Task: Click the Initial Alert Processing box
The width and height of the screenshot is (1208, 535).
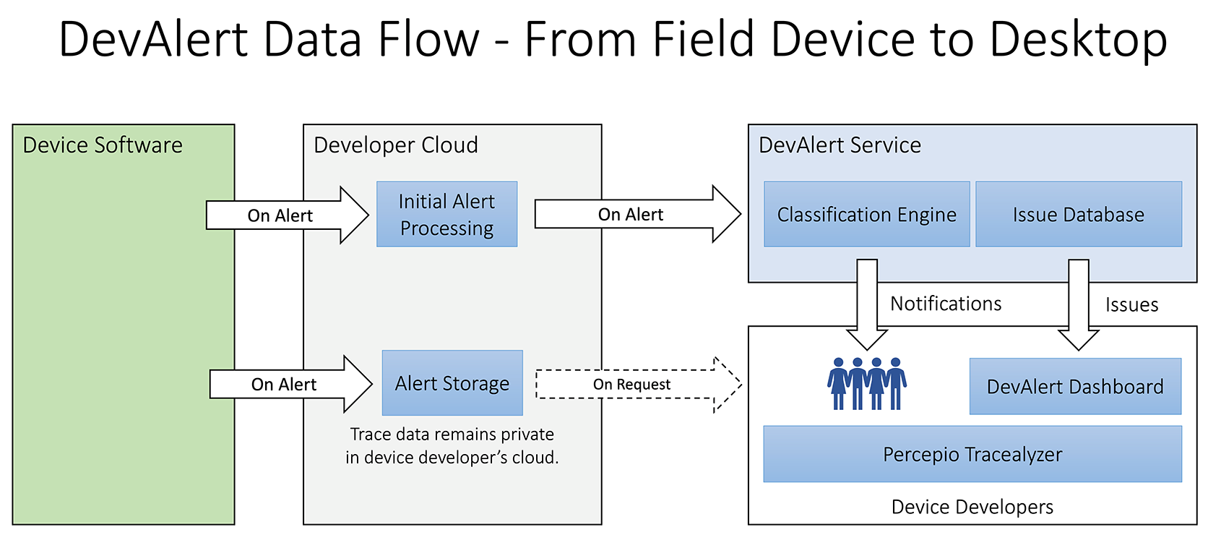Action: pyautogui.click(x=446, y=214)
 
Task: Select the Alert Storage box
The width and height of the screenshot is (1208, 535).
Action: pyautogui.click(x=452, y=383)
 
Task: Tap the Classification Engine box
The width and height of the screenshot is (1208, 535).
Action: pyautogui.click(x=866, y=214)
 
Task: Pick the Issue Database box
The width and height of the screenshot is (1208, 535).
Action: pyautogui.click(x=1078, y=214)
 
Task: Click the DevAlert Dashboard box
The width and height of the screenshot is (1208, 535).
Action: pyautogui.click(x=1075, y=386)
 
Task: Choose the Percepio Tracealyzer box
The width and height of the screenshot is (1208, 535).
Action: pyautogui.click(x=972, y=454)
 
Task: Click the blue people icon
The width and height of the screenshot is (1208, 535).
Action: pyautogui.click(x=867, y=383)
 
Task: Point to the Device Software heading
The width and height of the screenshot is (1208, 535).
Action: pyautogui.click(x=103, y=145)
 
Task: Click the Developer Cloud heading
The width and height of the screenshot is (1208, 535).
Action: pyautogui.click(x=396, y=145)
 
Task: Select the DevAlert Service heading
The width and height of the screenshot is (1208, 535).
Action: pyautogui.click(x=840, y=145)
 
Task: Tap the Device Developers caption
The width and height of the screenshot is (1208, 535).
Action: pyautogui.click(x=972, y=507)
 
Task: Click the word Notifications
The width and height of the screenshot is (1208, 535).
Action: pyautogui.click(x=946, y=304)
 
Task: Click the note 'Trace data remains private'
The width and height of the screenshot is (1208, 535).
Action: pyautogui.click(x=452, y=435)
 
